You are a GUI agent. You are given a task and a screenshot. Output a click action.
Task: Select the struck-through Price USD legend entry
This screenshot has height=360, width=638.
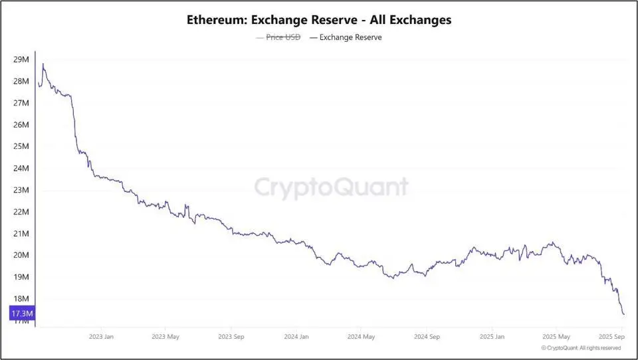click(283, 37)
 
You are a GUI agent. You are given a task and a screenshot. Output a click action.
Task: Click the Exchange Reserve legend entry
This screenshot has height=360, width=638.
click(350, 37)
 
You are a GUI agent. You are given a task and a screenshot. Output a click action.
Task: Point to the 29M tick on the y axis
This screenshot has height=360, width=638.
click(21, 60)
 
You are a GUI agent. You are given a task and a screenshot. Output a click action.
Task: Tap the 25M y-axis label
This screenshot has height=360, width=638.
click(21, 147)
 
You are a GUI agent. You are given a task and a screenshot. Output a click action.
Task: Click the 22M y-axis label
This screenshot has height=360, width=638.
click(21, 212)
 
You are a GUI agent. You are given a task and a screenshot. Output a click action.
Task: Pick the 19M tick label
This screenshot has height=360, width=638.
click(21, 277)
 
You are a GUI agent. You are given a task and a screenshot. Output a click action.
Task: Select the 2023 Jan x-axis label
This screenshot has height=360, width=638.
click(101, 337)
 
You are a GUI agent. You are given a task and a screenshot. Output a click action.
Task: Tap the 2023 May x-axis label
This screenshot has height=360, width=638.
click(166, 337)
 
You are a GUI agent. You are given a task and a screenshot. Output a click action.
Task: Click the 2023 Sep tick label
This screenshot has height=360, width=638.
click(231, 337)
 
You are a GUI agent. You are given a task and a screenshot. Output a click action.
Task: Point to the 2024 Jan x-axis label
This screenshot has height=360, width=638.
click(296, 337)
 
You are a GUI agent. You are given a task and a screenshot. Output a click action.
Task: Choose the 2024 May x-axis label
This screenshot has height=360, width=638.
click(361, 337)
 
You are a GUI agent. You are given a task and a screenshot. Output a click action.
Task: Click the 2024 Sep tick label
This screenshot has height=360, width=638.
click(426, 337)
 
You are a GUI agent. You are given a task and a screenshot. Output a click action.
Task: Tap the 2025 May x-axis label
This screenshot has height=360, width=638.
click(556, 337)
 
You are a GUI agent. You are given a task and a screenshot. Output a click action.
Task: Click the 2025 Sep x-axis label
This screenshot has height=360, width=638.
click(612, 337)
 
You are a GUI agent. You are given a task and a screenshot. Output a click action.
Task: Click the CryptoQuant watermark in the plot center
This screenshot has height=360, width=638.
click(331, 187)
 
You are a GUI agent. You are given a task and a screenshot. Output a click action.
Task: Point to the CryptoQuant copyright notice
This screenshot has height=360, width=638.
click(581, 347)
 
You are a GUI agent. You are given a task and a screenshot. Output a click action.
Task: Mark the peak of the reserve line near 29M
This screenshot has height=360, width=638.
click(43, 64)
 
